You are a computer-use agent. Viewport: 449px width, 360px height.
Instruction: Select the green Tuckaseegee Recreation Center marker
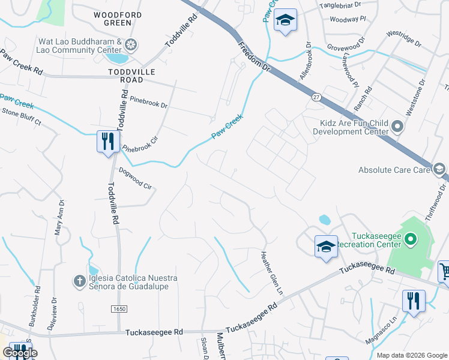(x=411, y=241)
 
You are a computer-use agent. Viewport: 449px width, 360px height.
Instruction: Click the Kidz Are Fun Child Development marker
(x=397, y=127)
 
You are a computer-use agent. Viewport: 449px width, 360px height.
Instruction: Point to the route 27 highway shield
(x=316, y=97)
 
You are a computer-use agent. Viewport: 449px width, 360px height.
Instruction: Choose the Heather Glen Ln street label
(x=271, y=272)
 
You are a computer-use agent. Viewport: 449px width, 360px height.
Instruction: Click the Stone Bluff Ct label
(x=20, y=116)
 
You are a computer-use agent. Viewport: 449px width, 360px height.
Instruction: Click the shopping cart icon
(x=444, y=271)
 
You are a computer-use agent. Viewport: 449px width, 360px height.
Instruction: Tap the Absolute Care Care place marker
(x=440, y=170)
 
